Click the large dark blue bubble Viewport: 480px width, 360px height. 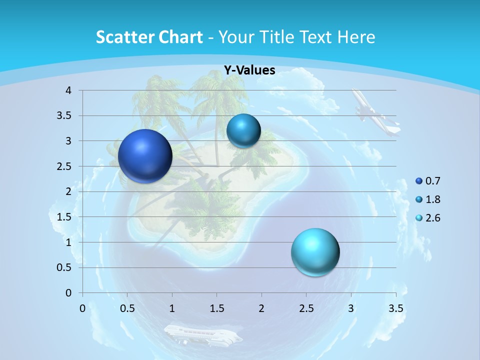pos(145,156)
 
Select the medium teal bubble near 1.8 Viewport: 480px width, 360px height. pos(243,130)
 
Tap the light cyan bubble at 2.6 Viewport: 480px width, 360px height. pos(315,252)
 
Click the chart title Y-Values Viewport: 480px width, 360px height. pos(249,70)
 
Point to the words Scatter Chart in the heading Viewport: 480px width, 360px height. pos(149,37)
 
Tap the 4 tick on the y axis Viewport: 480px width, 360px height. pos(68,90)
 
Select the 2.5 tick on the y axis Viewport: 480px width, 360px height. pos(64,166)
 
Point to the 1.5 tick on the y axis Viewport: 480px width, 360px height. pos(64,217)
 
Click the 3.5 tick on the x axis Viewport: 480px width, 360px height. pos(395,308)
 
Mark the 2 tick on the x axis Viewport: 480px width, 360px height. pos(261,308)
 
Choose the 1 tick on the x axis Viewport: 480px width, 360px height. pos(172,308)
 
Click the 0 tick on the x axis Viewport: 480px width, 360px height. pos(82,308)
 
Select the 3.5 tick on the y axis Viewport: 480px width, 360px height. pos(64,116)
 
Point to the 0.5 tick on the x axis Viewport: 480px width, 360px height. pos(127,308)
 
